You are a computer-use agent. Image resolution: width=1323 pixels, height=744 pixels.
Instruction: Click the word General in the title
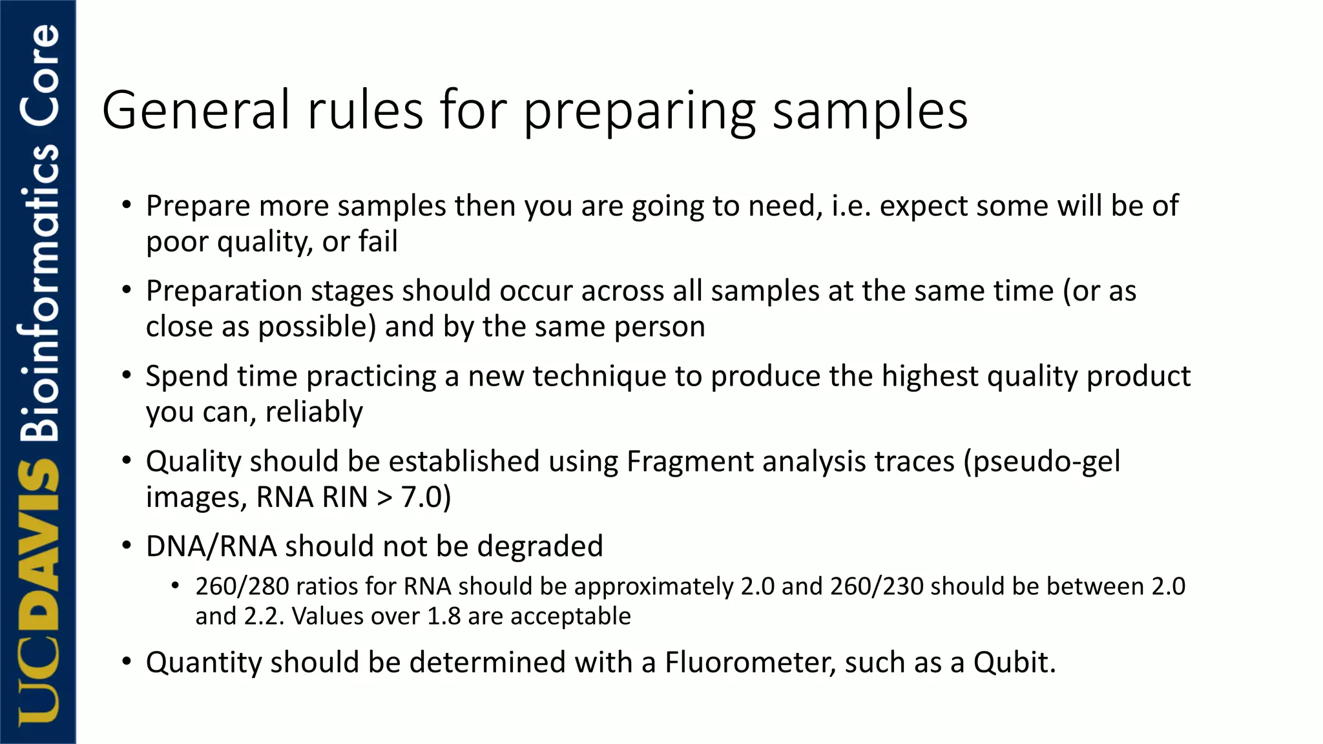[x=196, y=110]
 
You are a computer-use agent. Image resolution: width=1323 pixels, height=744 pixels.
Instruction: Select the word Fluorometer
[x=750, y=663]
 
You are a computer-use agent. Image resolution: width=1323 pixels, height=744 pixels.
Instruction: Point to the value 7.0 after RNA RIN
[x=422, y=497]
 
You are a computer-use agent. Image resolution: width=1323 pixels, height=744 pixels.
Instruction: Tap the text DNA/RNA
[x=211, y=546]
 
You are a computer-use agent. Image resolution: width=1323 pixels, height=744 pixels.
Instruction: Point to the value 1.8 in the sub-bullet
[x=444, y=616]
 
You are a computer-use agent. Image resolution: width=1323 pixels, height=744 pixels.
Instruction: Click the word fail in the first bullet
[x=378, y=242]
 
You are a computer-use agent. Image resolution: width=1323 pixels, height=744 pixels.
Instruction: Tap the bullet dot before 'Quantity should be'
[x=127, y=661]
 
